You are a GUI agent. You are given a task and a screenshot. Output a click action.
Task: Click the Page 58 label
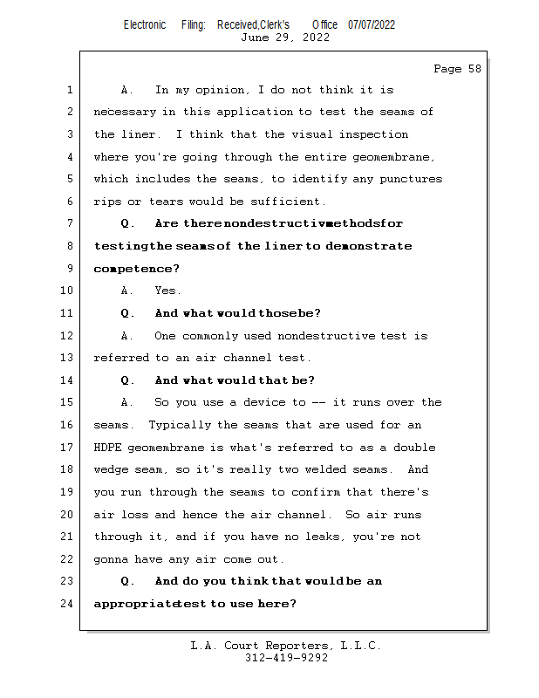(x=457, y=69)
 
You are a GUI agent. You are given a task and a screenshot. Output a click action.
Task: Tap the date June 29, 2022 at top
(x=285, y=38)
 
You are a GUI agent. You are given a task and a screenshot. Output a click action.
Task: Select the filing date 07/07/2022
(x=372, y=24)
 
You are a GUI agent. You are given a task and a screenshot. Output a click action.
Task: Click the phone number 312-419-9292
(x=286, y=659)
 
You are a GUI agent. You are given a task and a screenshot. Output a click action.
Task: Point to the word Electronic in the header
(x=145, y=24)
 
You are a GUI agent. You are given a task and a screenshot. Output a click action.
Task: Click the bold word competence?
(x=136, y=269)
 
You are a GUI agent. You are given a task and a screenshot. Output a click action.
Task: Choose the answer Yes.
(x=167, y=291)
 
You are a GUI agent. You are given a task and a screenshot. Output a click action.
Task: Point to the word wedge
(x=111, y=469)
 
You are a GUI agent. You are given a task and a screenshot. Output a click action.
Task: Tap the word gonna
(x=110, y=559)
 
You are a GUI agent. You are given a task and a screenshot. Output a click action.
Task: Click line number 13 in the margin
(x=67, y=358)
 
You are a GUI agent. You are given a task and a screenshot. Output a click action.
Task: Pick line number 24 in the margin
(x=67, y=603)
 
